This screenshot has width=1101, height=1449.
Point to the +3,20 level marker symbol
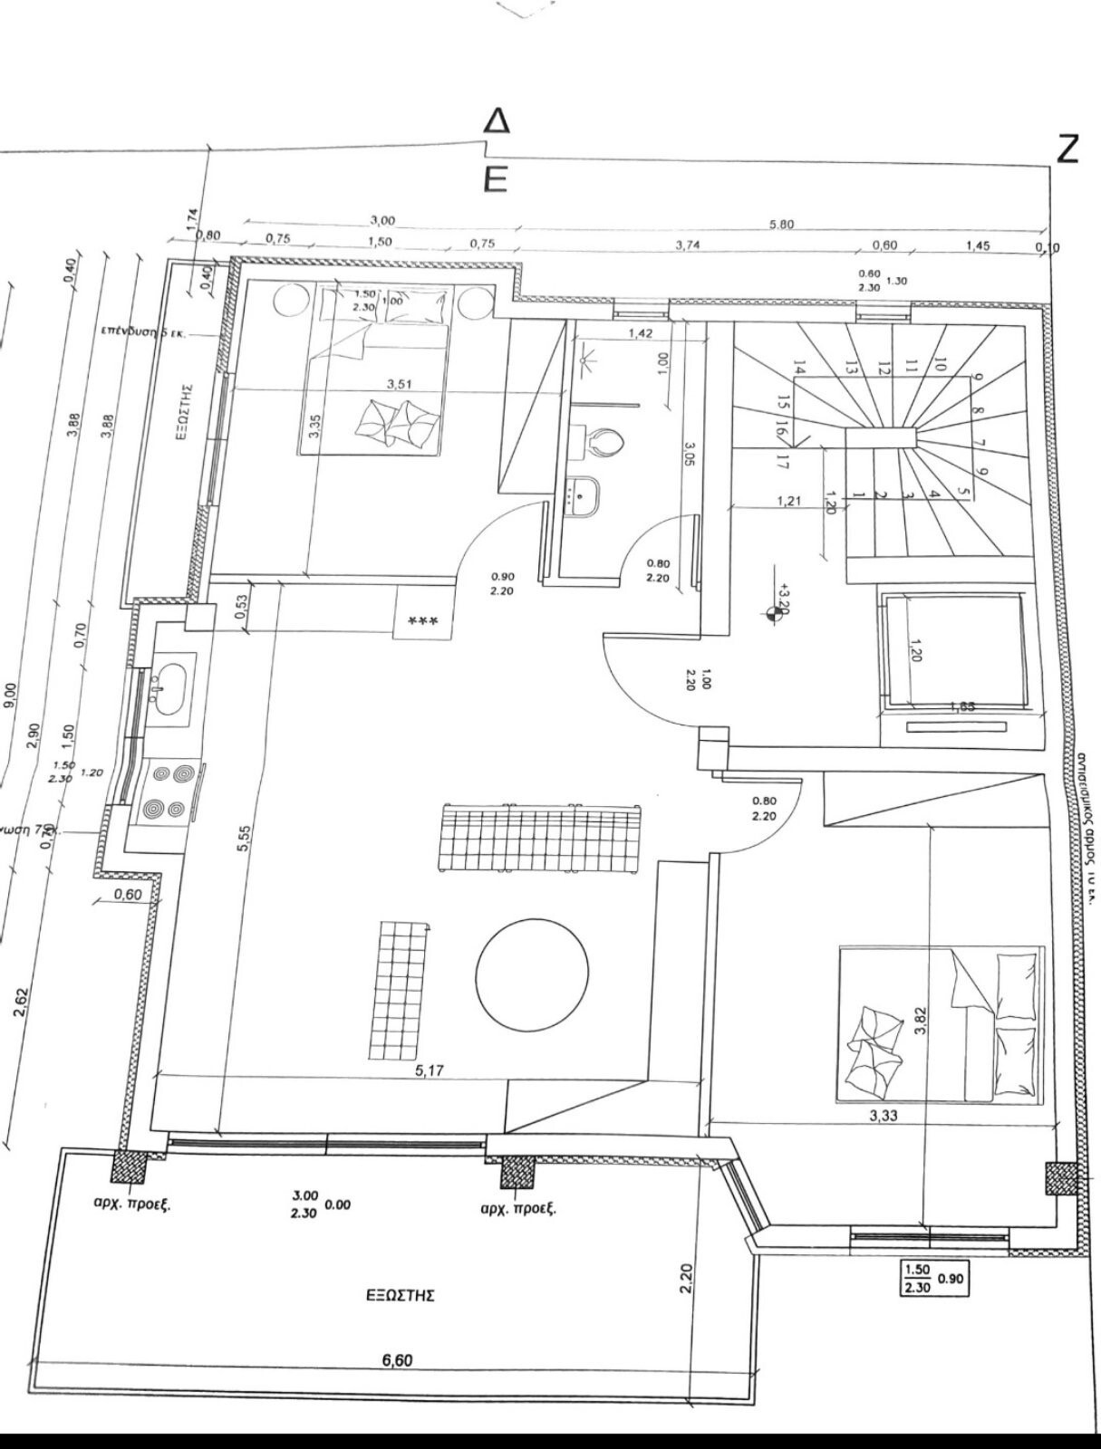[772, 614]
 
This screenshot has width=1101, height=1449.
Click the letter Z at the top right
[1067, 149]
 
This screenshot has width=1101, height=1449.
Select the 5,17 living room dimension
[430, 1070]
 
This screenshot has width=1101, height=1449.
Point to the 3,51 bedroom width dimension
[400, 384]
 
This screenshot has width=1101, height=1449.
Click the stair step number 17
[782, 461]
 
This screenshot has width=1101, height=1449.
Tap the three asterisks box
[423, 621]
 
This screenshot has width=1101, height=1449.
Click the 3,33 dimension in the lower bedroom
[883, 1116]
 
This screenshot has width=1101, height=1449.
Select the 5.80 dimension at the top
[781, 225]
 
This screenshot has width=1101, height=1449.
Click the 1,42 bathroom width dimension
[640, 333]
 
